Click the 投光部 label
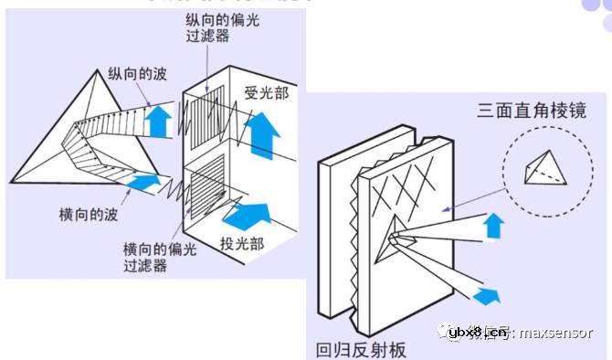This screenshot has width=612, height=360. click(x=240, y=243)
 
